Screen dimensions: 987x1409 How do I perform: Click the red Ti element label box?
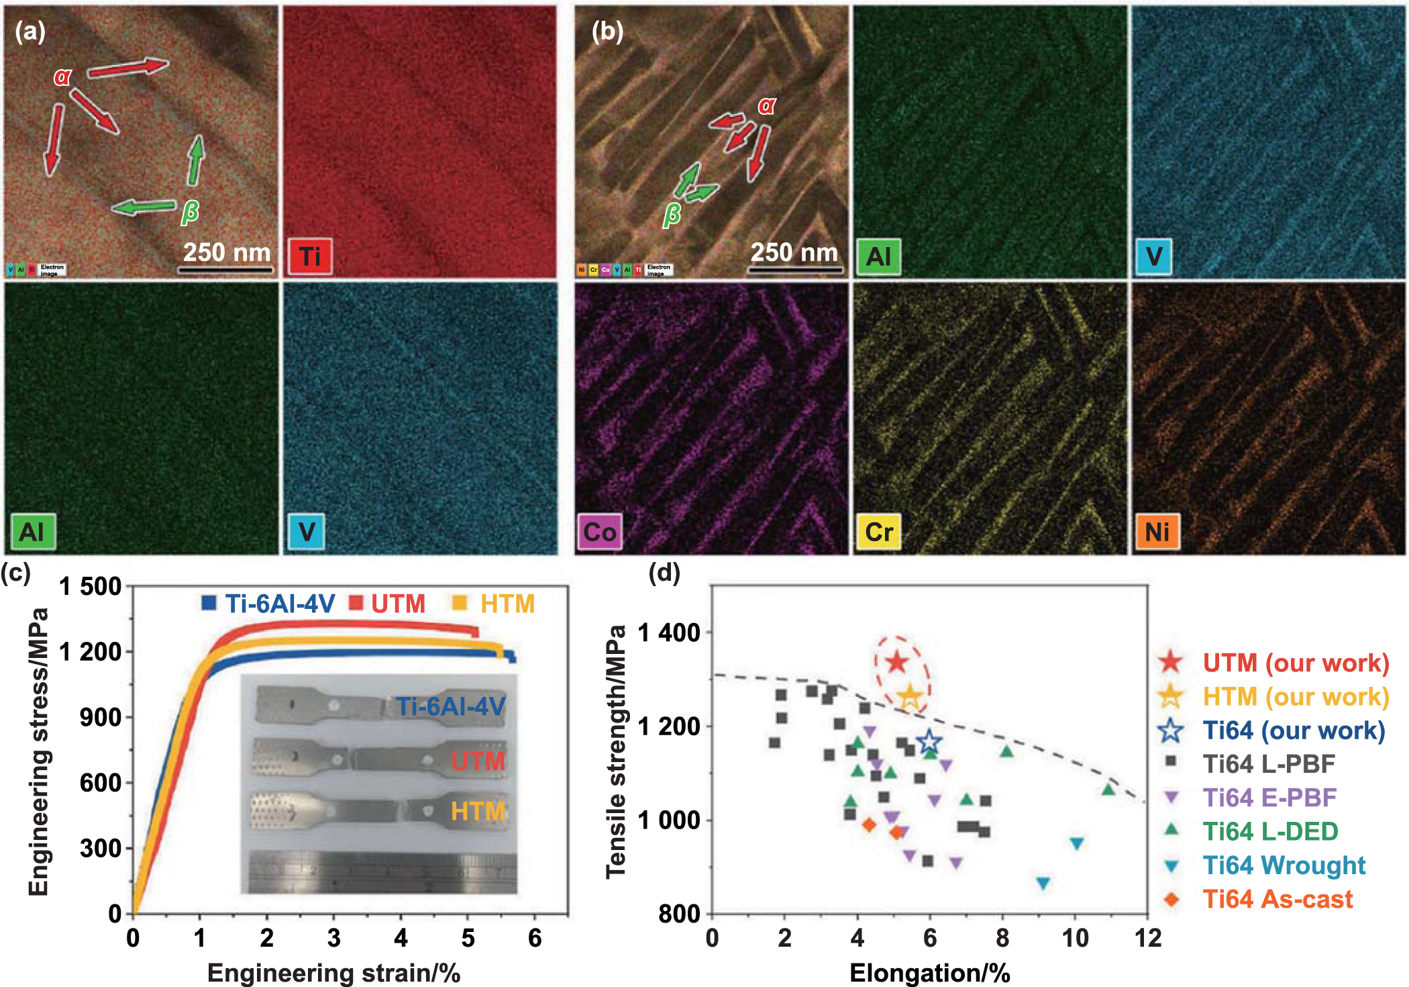310,256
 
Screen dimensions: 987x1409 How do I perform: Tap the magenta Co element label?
599,532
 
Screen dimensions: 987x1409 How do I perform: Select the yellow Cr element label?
878,532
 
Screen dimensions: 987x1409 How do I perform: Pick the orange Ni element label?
1157,532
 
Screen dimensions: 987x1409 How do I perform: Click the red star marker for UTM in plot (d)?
897,663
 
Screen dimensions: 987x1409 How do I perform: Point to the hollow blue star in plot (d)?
929,743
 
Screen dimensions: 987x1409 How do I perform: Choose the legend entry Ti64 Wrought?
1284,865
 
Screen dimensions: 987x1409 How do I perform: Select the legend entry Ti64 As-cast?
1277,899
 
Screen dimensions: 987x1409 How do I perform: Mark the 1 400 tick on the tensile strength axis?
669,632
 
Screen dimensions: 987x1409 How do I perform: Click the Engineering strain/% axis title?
333,973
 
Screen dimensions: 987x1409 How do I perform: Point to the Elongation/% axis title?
929,973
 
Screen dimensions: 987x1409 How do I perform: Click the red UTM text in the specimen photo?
477,761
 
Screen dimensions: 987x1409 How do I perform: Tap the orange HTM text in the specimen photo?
477,812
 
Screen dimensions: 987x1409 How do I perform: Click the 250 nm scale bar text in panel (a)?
227,252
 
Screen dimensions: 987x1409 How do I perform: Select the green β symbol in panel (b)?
671,215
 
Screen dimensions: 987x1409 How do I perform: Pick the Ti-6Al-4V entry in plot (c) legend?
278,604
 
